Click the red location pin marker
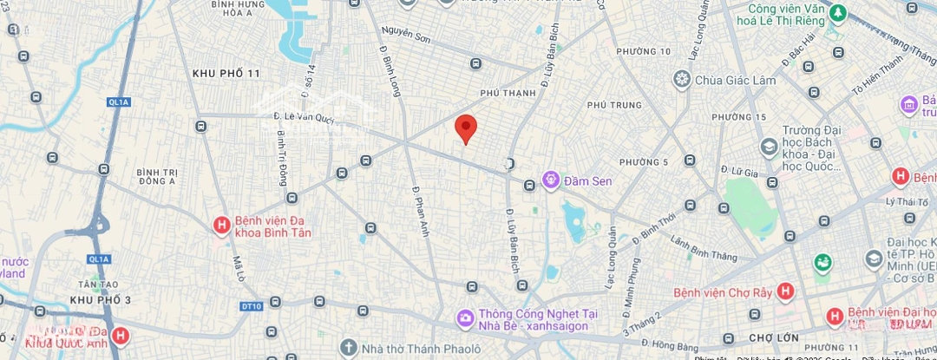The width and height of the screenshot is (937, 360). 466,128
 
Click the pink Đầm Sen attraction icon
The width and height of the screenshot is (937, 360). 550,180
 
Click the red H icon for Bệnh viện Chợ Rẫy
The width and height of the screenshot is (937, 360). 785,292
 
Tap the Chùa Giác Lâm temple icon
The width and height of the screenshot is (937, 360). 682,80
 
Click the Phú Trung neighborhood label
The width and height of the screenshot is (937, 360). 607,105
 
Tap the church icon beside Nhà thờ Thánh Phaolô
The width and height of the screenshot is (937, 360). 349,348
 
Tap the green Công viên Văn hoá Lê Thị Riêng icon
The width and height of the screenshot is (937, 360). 838,13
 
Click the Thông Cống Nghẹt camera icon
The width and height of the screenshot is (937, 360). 466,319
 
